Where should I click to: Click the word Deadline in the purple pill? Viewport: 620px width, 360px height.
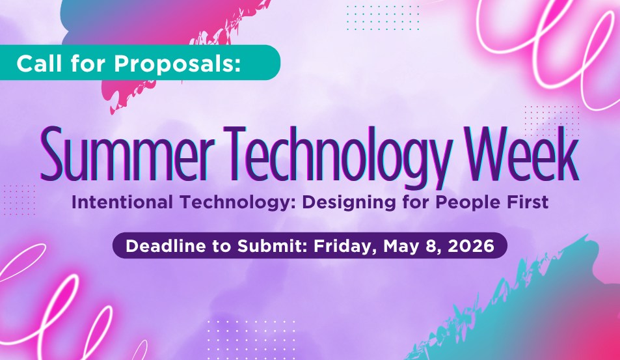click(x=163, y=246)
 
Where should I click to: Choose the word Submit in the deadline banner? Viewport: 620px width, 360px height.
click(x=275, y=246)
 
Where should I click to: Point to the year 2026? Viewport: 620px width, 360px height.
click(x=475, y=246)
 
